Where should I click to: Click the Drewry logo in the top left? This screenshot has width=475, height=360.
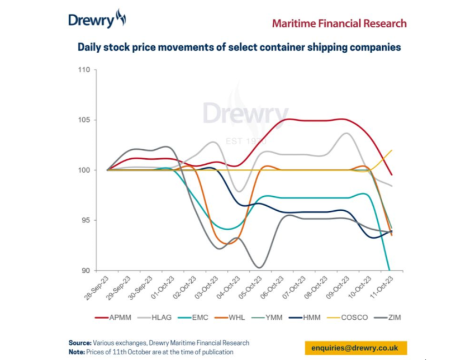click(x=97, y=20)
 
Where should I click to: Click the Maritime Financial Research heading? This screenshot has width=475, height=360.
click(x=339, y=23)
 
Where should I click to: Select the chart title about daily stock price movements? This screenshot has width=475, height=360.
click(x=239, y=47)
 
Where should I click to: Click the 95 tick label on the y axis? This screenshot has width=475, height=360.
click(x=85, y=220)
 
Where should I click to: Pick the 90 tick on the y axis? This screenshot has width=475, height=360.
click(x=85, y=271)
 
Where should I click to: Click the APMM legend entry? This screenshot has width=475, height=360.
click(x=116, y=318)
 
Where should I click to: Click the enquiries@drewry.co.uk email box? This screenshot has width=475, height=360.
click(x=355, y=348)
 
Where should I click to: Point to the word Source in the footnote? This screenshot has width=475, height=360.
click(x=80, y=343)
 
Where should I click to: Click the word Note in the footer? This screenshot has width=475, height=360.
click(x=77, y=352)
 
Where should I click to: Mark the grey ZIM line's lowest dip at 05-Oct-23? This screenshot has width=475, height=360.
click(x=258, y=267)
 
